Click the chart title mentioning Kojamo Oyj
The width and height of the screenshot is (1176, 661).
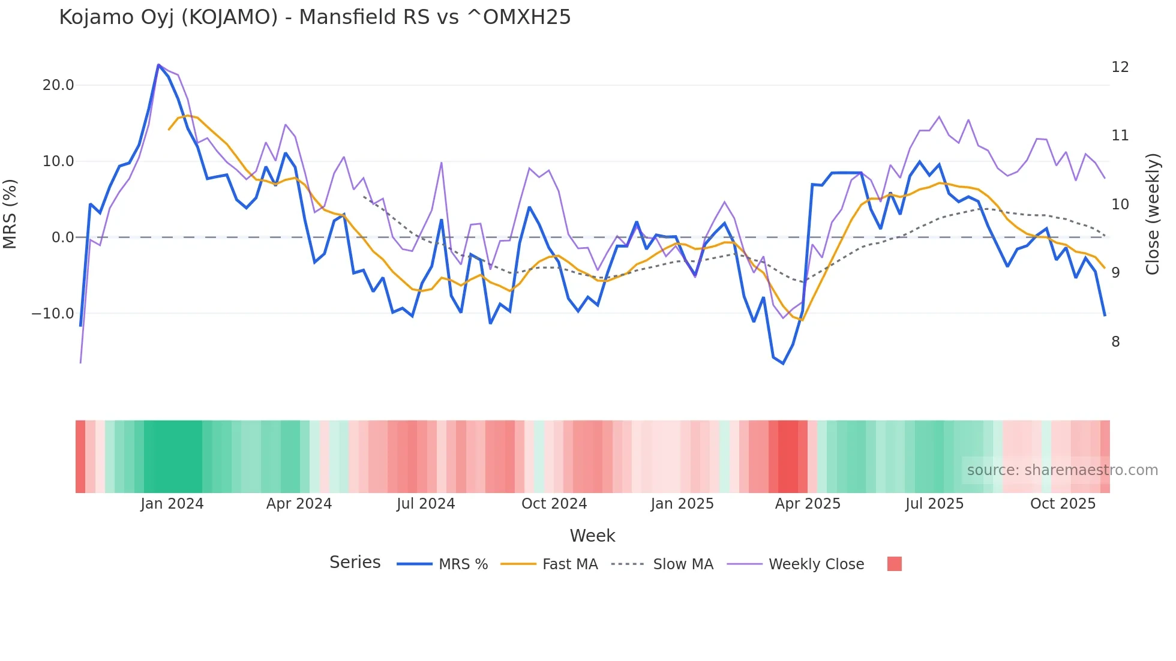[x=314, y=17]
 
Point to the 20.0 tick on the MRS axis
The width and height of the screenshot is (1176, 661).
[x=58, y=85]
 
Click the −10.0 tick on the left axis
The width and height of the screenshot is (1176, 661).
[x=53, y=314]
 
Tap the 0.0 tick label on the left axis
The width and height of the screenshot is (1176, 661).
[x=62, y=238]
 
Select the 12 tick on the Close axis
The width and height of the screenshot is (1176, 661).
[x=1120, y=67]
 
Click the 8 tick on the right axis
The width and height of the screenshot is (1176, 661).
[x=1115, y=342]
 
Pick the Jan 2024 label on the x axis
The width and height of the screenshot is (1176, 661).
[x=172, y=504]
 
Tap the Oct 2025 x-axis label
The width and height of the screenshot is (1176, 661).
[x=1063, y=504]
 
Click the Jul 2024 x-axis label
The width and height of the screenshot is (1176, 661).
[x=425, y=504]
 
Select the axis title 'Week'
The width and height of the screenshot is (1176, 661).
[x=592, y=536]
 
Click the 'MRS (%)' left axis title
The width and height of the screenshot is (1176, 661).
[x=10, y=214]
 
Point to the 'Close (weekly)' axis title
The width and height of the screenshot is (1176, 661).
[x=1152, y=214]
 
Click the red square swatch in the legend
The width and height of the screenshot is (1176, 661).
[x=894, y=564]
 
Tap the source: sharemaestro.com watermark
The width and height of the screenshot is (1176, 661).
[x=1062, y=470]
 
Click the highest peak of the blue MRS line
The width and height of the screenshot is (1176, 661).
[x=158, y=65]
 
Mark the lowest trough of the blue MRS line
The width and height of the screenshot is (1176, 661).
[x=783, y=363]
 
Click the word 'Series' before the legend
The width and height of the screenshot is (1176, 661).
[x=355, y=563]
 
